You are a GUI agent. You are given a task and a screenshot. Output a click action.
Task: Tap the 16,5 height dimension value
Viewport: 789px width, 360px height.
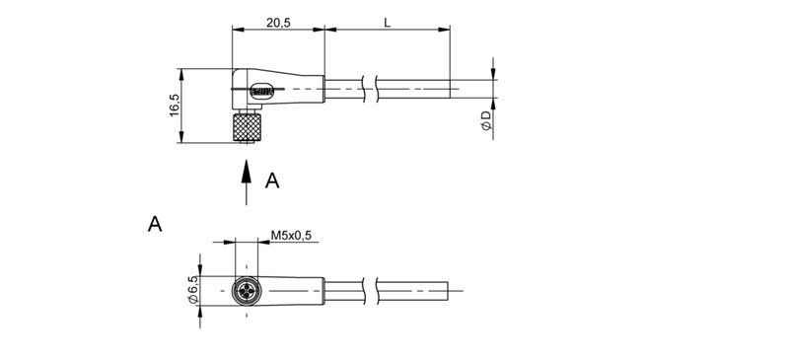(174, 105)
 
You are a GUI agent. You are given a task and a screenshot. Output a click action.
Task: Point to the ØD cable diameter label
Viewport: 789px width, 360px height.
(485, 121)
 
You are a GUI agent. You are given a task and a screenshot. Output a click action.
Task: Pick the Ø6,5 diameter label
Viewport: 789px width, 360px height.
(193, 290)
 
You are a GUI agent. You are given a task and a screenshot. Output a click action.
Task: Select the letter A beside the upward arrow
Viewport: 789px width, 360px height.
(273, 180)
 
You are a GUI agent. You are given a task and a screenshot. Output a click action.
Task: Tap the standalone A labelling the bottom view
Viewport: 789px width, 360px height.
(154, 225)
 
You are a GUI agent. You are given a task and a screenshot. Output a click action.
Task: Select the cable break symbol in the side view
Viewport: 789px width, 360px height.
(372, 90)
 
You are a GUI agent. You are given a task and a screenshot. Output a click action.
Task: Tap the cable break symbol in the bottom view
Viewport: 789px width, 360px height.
(372, 291)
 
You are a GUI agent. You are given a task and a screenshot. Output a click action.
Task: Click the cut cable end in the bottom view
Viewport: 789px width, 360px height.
(450, 291)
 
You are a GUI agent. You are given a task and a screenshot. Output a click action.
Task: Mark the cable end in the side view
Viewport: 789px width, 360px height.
(452, 90)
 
